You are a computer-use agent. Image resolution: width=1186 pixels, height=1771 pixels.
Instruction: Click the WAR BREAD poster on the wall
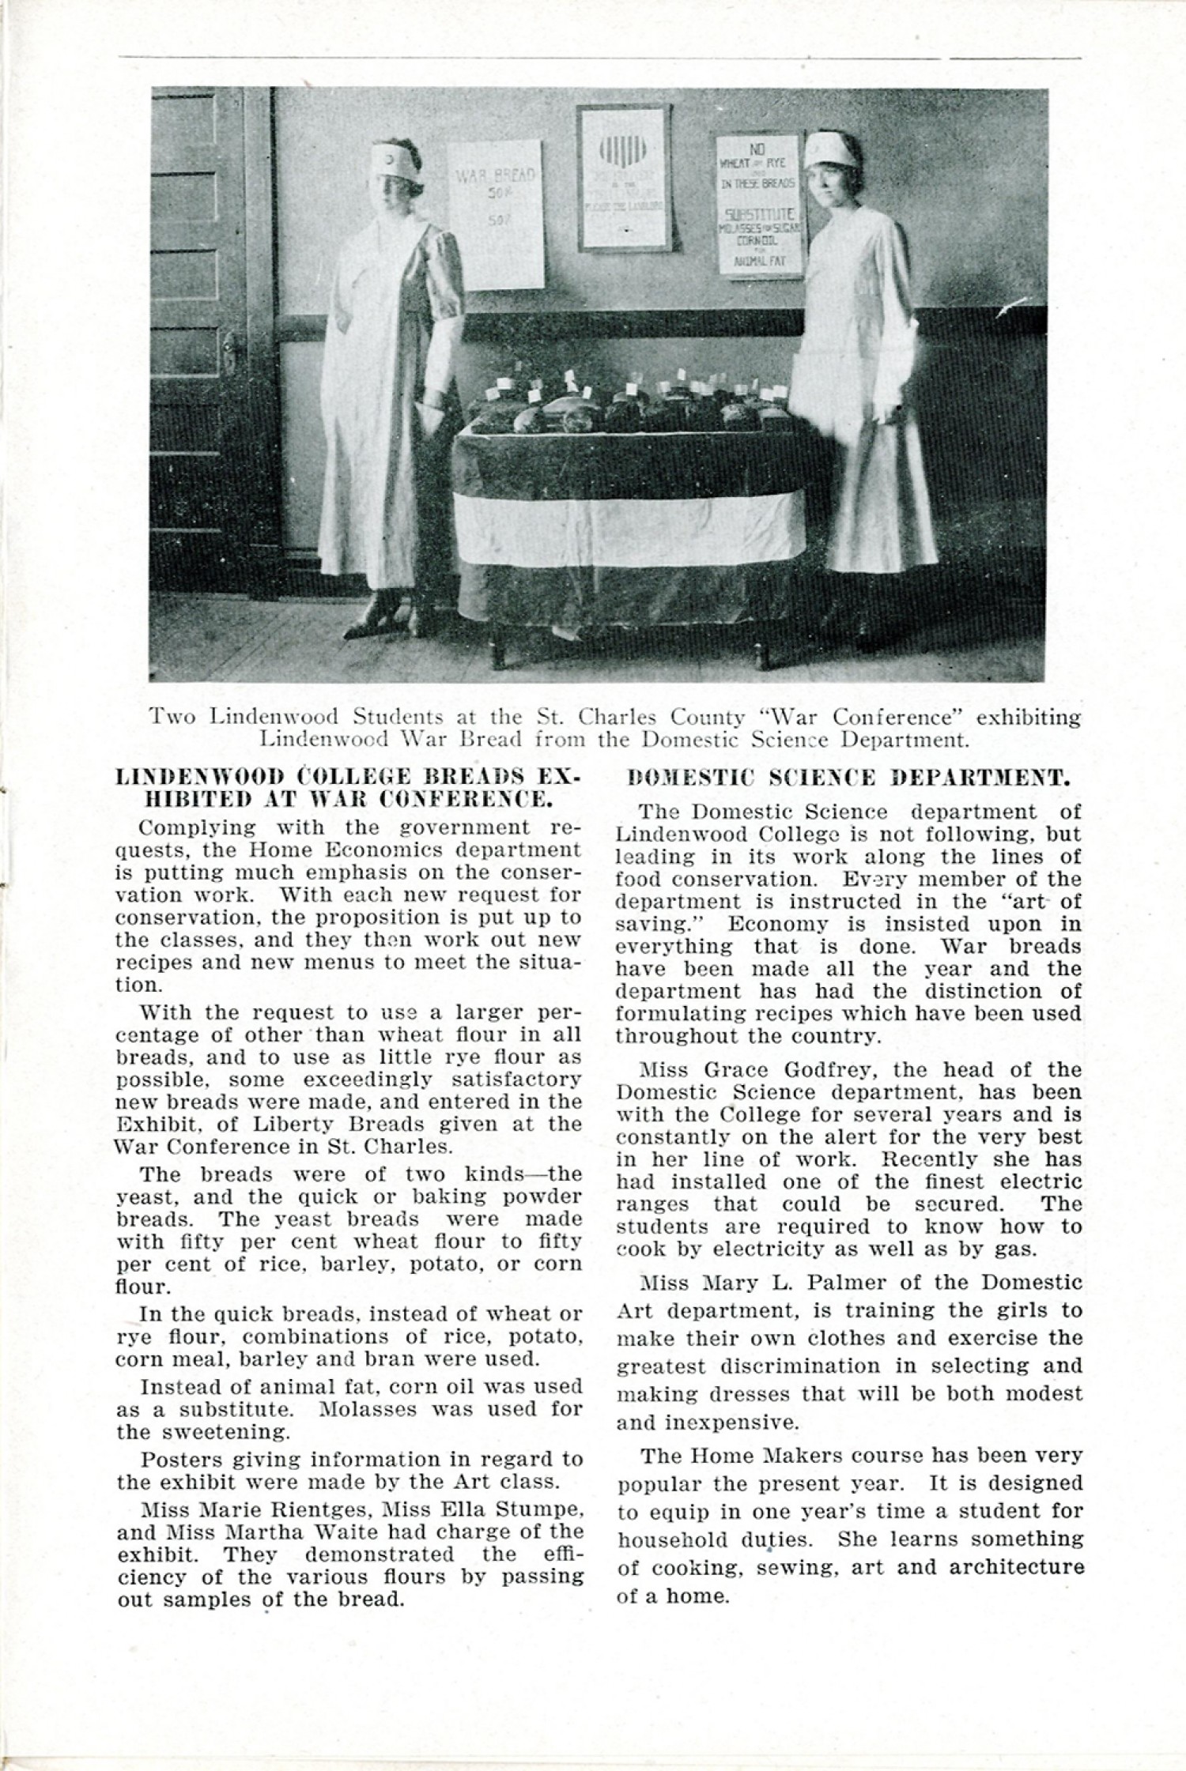coord(496,213)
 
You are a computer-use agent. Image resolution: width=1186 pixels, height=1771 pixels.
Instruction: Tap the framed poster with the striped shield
coord(623,179)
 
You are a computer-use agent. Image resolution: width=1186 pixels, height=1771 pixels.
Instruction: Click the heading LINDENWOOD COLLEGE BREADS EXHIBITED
coord(348,788)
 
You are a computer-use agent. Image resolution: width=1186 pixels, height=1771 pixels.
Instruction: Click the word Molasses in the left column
coord(372,1409)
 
